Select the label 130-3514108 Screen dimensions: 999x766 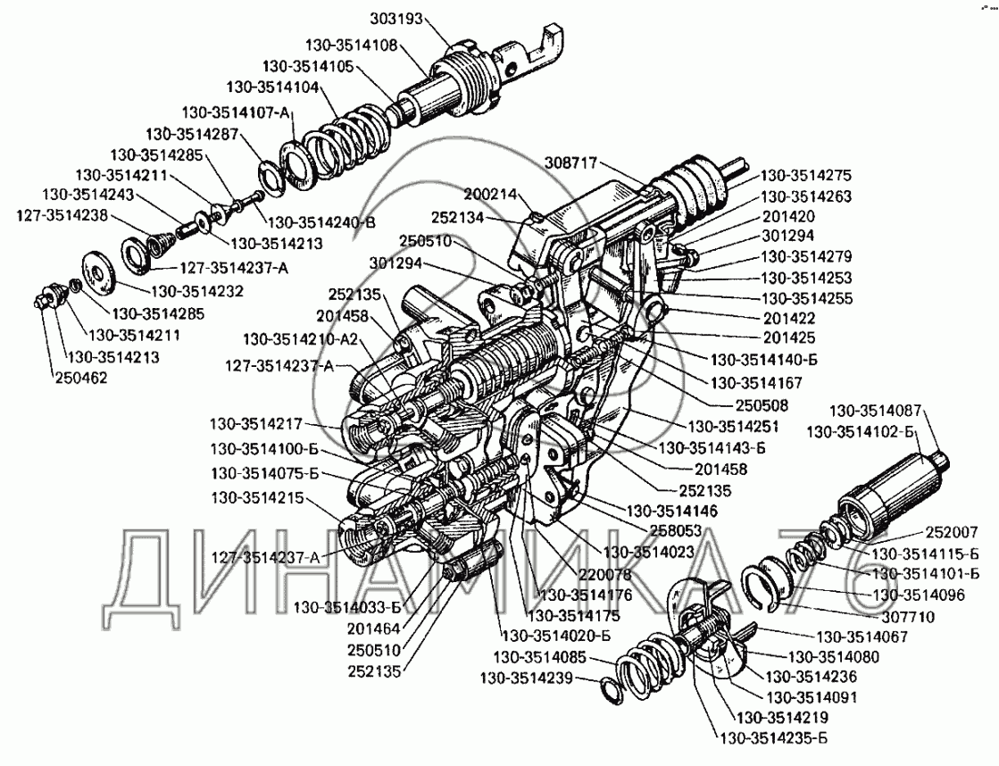tap(351, 46)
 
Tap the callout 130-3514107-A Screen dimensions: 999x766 tap(236, 112)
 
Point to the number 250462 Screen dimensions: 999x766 tap(81, 378)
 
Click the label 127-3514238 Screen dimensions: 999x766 tap(62, 215)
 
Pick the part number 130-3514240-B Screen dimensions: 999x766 tap(321, 222)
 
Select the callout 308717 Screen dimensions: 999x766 tap(570, 163)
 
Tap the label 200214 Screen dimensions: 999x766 tap(490, 195)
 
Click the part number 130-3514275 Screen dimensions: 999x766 tap(806, 175)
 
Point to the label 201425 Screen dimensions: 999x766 tap(789, 337)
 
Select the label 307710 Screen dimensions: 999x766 tap(908, 617)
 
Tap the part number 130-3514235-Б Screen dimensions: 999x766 tap(773, 738)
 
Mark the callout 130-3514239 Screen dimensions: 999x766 tap(526, 678)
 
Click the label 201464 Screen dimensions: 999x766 tap(373, 629)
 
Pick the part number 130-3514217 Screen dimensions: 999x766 tap(256, 424)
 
